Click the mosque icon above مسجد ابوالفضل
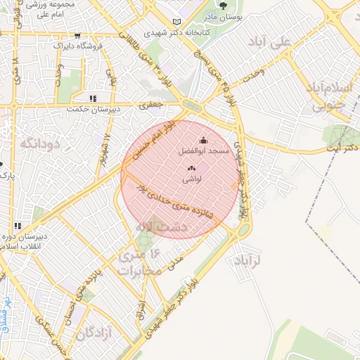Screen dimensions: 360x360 [204, 140]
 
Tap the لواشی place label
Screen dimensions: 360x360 [192, 179]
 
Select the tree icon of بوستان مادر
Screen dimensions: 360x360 [223, 6]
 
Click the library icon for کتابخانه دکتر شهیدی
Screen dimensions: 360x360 [176, 22]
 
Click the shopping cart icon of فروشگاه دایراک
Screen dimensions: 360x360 [77, 36]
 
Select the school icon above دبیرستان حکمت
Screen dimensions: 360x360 [92, 98]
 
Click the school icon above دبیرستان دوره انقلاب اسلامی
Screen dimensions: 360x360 [17, 226]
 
